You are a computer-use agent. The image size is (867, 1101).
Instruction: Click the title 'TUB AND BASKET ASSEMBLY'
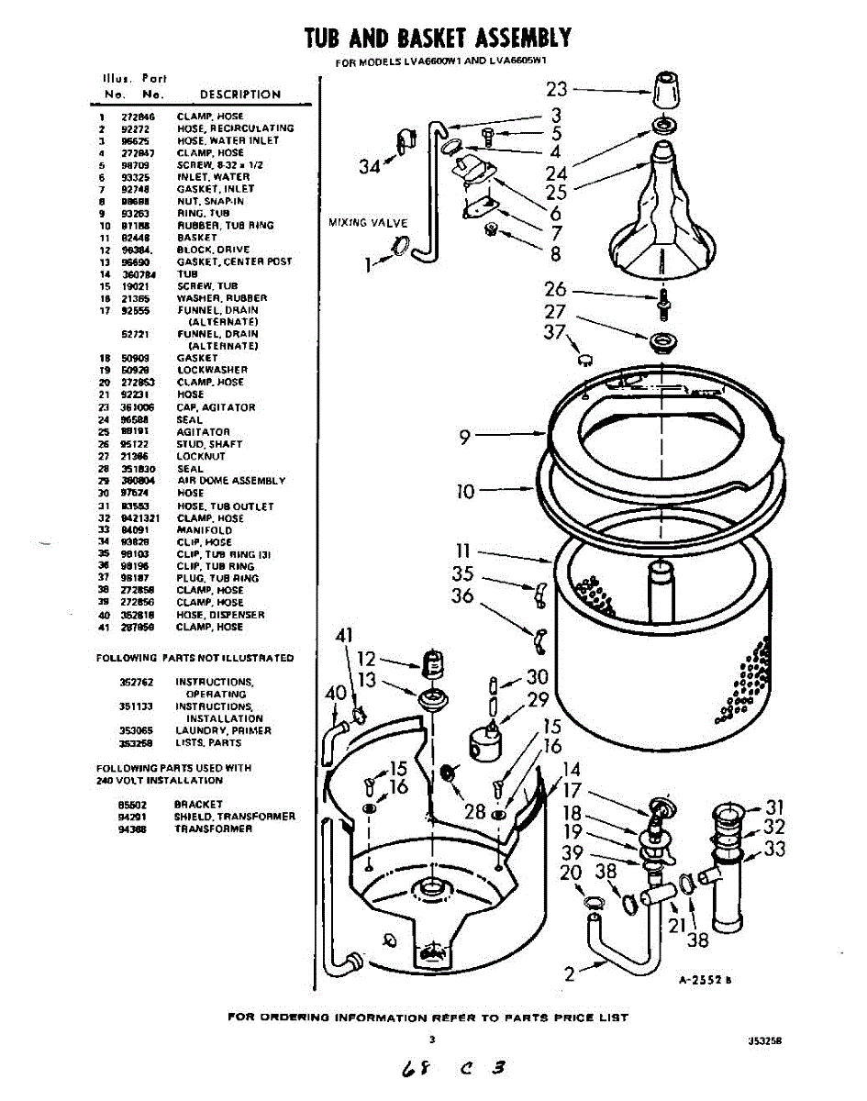tap(438, 38)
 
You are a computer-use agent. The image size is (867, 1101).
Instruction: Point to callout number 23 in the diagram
tap(557, 89)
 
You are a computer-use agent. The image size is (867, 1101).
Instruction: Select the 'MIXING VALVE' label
tap(367, 223)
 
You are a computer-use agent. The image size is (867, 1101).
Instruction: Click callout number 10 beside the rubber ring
tap(466, 492)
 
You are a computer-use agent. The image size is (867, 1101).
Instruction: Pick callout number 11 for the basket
tap(463, 551)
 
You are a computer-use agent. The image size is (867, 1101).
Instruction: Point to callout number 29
tap(538, 701)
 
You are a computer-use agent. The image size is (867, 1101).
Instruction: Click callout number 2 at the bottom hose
tap(571, 974)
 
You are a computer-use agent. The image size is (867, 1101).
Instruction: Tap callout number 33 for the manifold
tap(774, 850)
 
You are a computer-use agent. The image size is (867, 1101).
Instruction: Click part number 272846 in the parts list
tap(138, 117)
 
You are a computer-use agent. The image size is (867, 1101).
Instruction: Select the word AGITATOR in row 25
tap(203, 432)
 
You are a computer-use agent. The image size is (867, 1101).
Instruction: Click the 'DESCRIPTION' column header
tap(240, 95)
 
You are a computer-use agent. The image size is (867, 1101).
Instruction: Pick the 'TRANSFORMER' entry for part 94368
tap(213, 829)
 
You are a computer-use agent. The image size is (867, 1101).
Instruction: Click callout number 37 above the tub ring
tap(555, 332)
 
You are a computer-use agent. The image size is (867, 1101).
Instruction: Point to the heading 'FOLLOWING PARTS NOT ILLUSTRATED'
tap(195, 659)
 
